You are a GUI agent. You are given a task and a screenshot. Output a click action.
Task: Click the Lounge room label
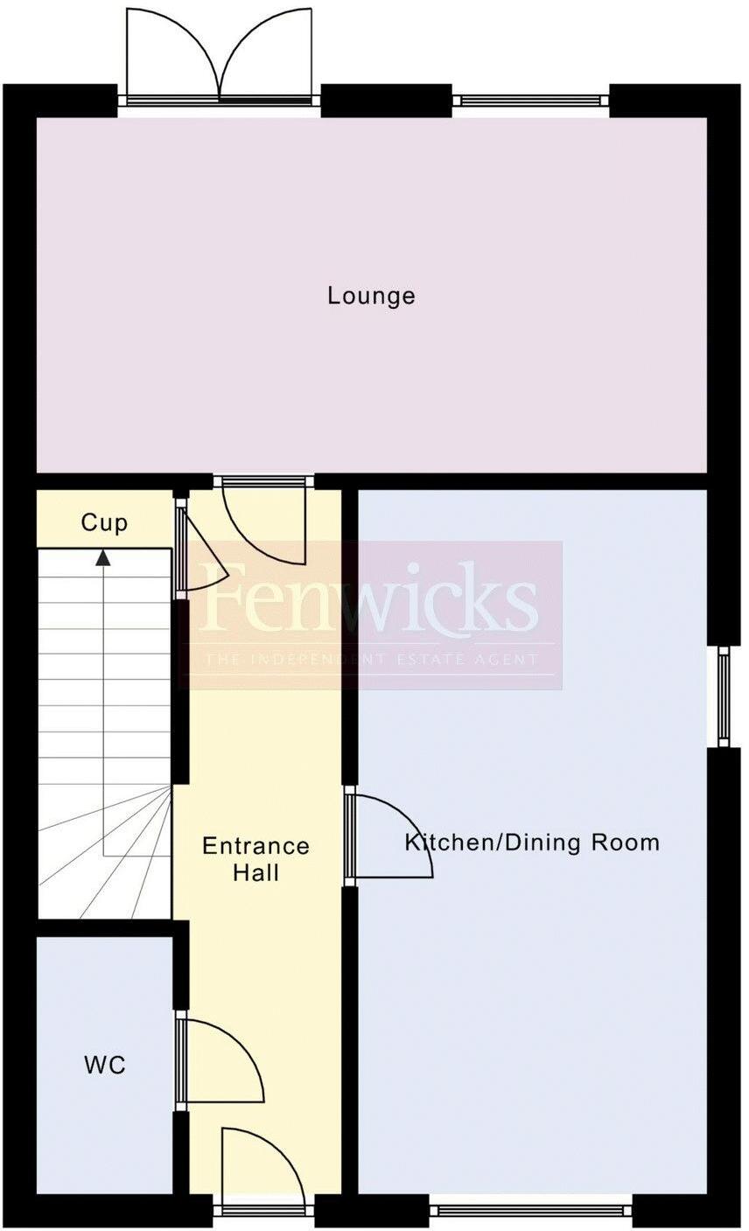point(371,296)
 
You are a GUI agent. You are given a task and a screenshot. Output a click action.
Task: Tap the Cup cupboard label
point(104,523)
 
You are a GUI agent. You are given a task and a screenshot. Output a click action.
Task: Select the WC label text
point(105,1065)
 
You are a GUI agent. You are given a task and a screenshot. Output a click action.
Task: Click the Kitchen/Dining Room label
point(531,843)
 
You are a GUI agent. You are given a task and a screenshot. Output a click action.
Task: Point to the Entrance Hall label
point(255,858)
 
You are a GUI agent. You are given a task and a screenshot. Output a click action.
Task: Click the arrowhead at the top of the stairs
point(103,556)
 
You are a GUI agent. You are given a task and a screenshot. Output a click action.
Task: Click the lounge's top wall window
point(531,101)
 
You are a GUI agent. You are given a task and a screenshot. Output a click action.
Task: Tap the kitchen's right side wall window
point(724,696)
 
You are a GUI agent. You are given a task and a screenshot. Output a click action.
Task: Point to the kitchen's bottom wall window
point(530,1211)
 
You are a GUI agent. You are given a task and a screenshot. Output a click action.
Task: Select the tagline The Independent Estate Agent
point(371,659)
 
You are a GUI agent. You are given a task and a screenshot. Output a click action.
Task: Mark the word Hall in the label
point(255,872)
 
